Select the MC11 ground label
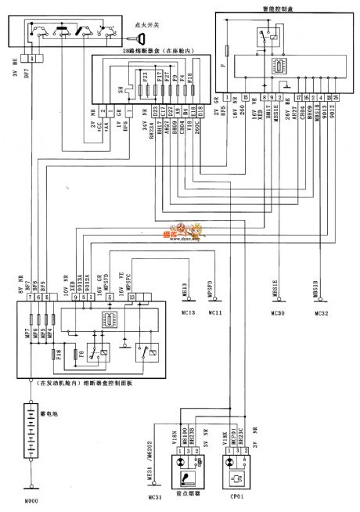click(x=216, y=312)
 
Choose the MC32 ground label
click(x=322, y=312)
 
